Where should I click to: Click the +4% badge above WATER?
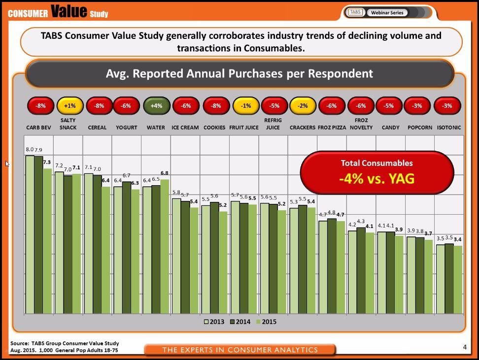click(x=156, y=106)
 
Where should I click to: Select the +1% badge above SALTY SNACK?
click(x=69, y=106)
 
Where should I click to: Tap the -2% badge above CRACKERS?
click(x=302, y=106)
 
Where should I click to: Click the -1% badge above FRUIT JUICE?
click(x=245, y=106)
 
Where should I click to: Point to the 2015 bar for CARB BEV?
click(x=47, y=241)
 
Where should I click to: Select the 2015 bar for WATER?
click(x=165, y=246)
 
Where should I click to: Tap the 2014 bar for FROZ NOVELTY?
click(x=361, y=270)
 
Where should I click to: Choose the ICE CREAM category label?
click(x=185, y=128)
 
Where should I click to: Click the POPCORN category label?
click(x=420, y=128)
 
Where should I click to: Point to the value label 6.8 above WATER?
click(x=165, y=173)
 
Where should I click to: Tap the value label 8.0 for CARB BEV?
click(x=29, y=149)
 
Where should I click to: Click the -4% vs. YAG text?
click(x=376, y=178)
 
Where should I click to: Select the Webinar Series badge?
click(x=387, y=12)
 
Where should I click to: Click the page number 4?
click(x=465, y=347)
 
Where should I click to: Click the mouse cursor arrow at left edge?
click(x=7, y=164)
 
